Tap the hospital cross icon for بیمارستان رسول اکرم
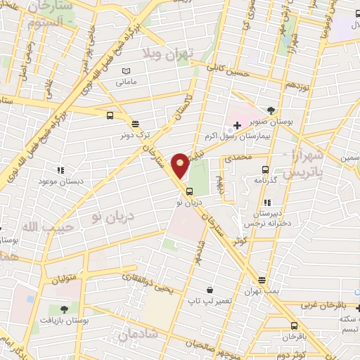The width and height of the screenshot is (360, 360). click(x=237, y=126)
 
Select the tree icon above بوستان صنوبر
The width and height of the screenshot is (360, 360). click(x=271, y=110)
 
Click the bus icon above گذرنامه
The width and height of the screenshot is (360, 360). click(x=265, y=169)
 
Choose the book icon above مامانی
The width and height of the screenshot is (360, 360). click(x=127, y=71)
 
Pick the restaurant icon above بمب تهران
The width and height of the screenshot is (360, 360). click(x=262, y=279)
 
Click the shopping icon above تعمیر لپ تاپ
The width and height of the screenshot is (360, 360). click(x=210, y=290)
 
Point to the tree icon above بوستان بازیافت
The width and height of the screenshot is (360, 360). click(x=64, y=309)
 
